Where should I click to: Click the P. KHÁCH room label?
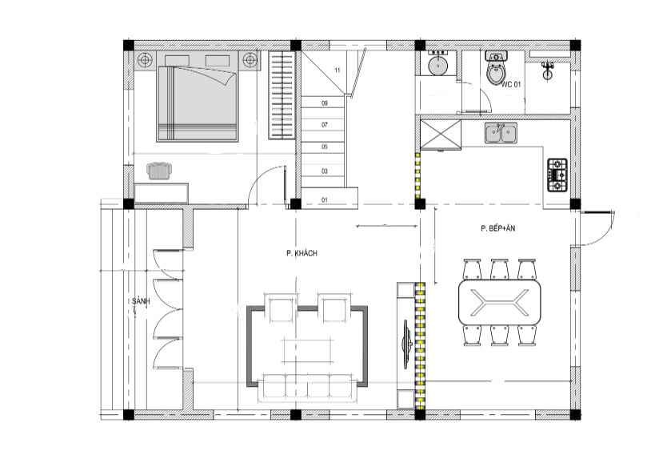(302, 253)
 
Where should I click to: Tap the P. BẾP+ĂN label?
(497, 228)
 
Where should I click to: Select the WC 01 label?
(511, 84)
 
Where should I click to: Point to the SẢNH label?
(141, 301)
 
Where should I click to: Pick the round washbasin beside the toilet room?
(437, 65)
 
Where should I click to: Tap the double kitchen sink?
(501, 133)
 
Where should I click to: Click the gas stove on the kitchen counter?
(557, 175)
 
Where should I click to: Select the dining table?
(499, 302)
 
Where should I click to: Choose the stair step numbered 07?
(325, 125)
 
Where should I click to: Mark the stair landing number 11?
(337, 70)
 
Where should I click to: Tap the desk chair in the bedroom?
(160, 171)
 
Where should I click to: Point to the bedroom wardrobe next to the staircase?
(282, 95)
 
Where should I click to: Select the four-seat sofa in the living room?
(307, 388)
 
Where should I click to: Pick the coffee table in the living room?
(307, 351)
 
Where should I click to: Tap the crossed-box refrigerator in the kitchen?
(441, 135)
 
